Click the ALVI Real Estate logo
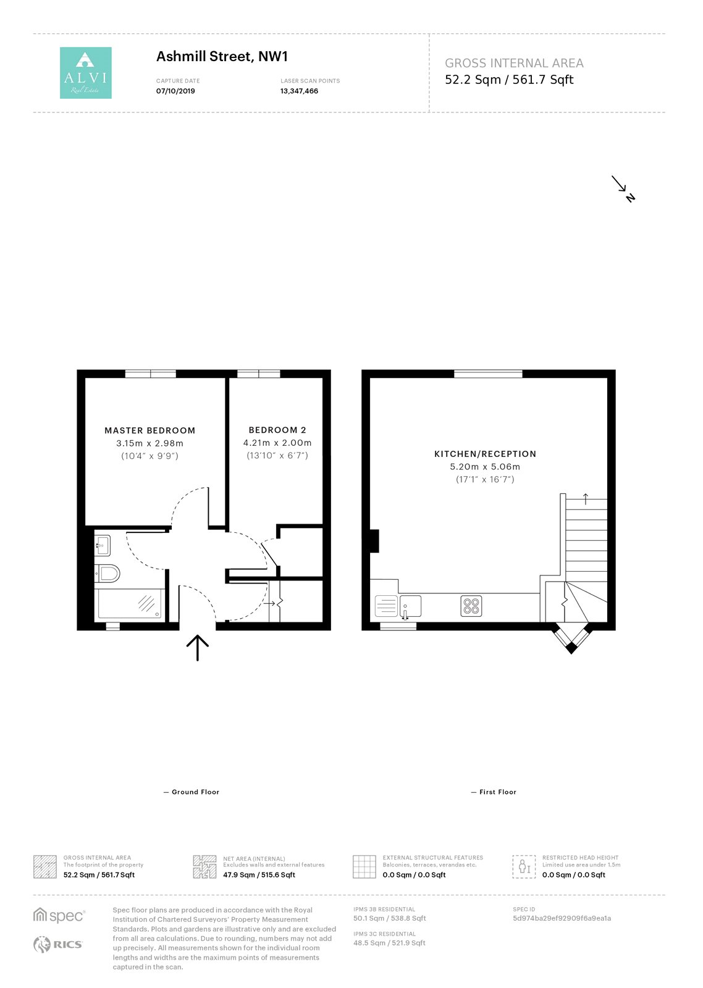86,73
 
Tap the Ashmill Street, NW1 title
222,57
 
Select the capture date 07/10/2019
175,91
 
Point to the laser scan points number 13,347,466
299,91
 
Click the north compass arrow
623,189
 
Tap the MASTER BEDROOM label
149,430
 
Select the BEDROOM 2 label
277,430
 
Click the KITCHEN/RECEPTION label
485,454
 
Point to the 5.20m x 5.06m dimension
485,467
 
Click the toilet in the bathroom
107,574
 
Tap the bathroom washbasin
103,546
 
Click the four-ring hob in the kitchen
471,606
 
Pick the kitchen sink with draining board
398,606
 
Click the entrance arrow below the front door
197,648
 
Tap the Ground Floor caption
192,792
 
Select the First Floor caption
494,792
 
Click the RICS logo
58,944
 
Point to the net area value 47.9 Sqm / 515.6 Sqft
259,874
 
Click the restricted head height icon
524,866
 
